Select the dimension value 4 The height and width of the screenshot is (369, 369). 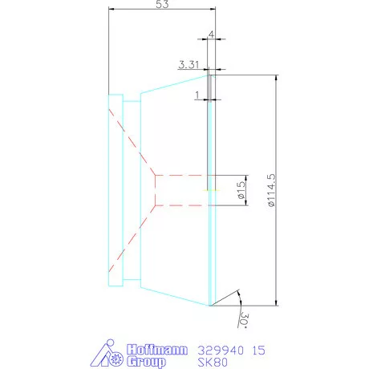point(210,34)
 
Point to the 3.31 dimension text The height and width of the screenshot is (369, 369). point(191,64)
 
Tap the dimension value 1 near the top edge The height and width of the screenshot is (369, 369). point(197,94)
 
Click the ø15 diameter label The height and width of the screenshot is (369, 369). point(240,190)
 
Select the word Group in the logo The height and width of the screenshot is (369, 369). point(147,362)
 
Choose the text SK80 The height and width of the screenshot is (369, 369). point(210,362)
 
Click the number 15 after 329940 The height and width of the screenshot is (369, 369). point(258,351)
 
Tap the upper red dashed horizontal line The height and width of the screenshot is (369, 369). point(180,174)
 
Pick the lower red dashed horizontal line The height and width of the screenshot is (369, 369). point(180,205)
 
